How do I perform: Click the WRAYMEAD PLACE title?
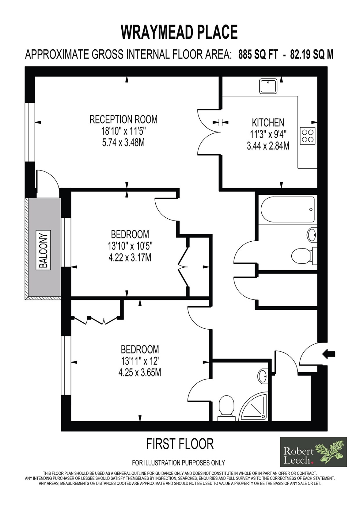click(180, 32)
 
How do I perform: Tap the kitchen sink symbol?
click(268, 86)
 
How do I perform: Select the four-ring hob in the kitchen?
click(307, 136)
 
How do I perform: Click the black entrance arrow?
click(329, 354)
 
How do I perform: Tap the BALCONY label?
click(44, 250)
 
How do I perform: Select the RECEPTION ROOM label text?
click(124, 119)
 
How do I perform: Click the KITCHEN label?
click(268, 122)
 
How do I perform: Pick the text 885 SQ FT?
click(258, 55)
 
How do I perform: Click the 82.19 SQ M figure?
click(312, 55)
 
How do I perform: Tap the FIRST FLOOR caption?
click(180, 444)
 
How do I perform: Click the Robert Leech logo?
click(313, 452)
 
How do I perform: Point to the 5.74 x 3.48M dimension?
click(123, 143)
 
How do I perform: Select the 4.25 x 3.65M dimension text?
click(140, 373)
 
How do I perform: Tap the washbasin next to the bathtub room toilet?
click(312, 235)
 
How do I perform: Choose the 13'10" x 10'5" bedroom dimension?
click(130, 246)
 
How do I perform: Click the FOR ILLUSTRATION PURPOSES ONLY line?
click(178, 463)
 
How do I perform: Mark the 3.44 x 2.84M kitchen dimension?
click(268, 146)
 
